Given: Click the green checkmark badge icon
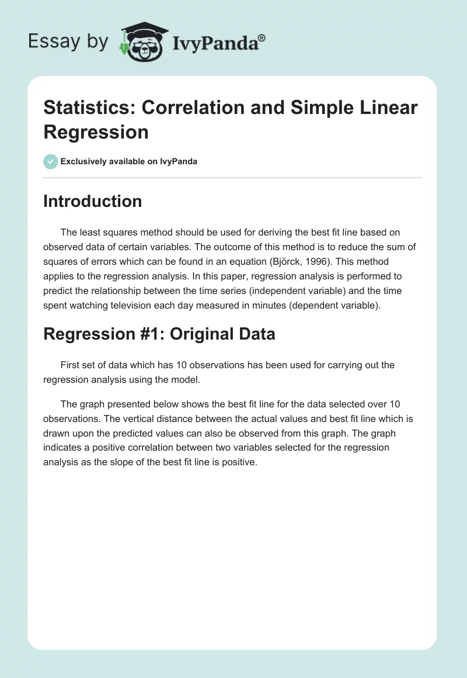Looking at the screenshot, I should pyautogui.click(x=51, y=161).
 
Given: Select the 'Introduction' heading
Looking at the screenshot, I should pyautogui.click(x=93, y=201).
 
